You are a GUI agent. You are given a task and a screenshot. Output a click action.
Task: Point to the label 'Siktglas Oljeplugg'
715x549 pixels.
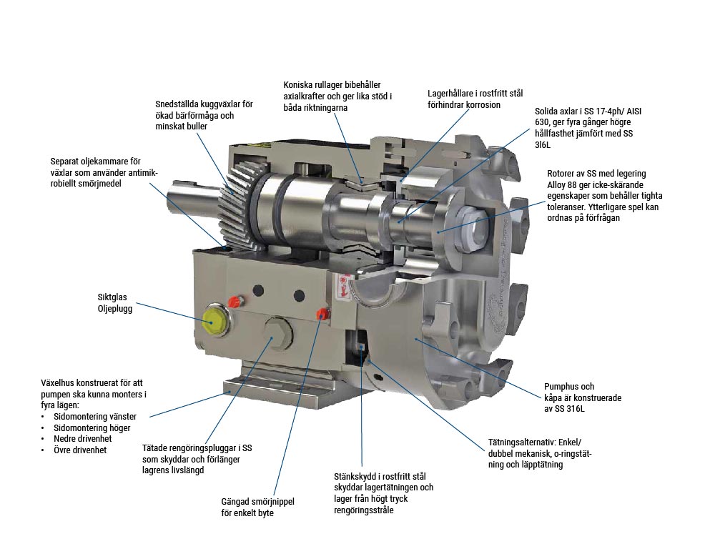coord(115,303)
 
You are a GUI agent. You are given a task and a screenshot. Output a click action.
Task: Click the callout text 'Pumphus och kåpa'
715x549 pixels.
coord(583,397)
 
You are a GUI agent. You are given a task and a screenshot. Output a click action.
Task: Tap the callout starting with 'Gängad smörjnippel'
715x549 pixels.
coord(257,507)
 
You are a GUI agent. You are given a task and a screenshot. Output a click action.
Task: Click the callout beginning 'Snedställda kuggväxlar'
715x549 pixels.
coord(204,115)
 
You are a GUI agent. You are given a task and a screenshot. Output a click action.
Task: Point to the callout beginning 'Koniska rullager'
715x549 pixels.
coord(337,97)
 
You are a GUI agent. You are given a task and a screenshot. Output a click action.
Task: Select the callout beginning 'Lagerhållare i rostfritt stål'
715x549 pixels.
coord(475,99)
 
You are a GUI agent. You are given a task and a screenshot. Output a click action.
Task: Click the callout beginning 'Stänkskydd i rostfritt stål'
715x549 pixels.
coord(383,493)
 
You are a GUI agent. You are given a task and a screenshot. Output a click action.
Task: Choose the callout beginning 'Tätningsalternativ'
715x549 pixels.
coord(539,453)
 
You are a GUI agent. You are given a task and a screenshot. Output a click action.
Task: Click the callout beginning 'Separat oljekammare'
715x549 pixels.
coord(104,172)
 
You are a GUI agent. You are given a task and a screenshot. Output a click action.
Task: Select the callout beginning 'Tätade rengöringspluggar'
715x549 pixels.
coord(197,459)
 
